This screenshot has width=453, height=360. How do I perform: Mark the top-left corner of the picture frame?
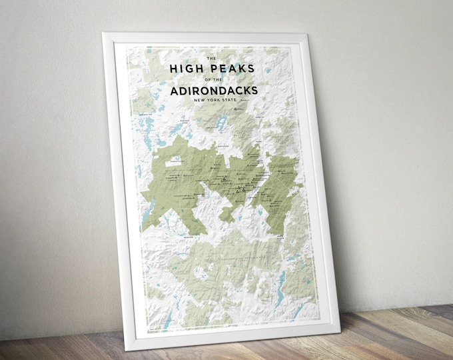click(103, 32)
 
